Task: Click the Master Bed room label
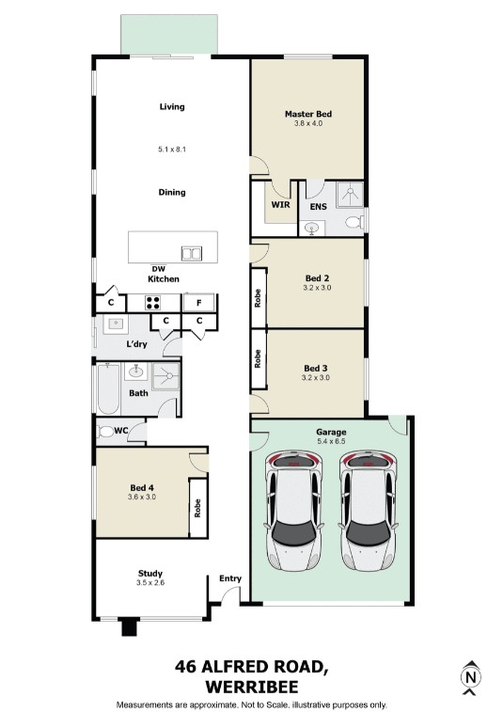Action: pyautogui.click(x=308, y=114)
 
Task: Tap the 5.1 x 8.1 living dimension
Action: pyautogui.click(x=172, y=149)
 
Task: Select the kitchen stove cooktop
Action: pyautogui.click(x=152, y=303)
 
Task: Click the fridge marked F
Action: pyautogui.click(x=198, y=303)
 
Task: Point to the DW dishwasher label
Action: pyautogui.click(x=159, y=269)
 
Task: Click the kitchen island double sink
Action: pyautogui.click(x=192, y=253)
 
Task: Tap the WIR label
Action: pyautogui.click(x=280, y=205)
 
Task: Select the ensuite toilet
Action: pyautogui.click(x=354, y=222)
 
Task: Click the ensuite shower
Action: pyautogui.click(x=350, y=195)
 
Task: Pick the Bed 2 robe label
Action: pyautogui.click(x=258, y=298)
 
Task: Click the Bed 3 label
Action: pyautogui.click(x=316, y=369)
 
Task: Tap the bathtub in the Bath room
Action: pyautogui.click(x=108, y=388)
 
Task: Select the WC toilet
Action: pyautogui.click(x=106, y=432)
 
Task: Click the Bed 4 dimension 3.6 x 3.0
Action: pyautogui.click(x=142, y=497)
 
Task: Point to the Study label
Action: pyautogui.click(x=150, y=574)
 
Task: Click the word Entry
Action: pyautogui.click(x=230, y=578)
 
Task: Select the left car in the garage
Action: pyautogui.click(x=294, y=511)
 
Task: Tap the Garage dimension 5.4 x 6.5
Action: pyautogui.click(x=331, y=441)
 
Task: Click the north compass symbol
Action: pyautogui.click(x=471, y=677)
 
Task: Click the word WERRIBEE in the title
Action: pyautogui.click(x=252, y=687)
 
